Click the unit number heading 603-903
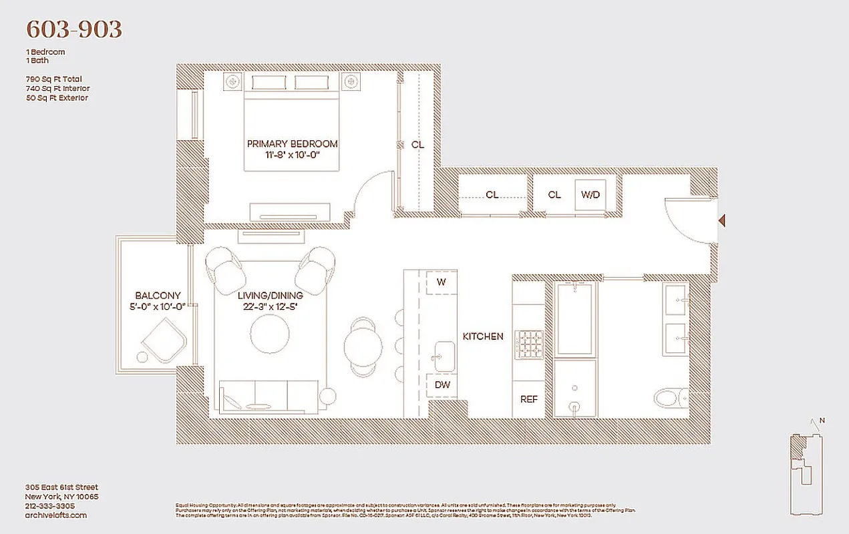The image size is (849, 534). tap(73, 29)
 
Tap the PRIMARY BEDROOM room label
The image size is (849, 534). tap(292, 144)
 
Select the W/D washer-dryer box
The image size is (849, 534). tap(590, 195)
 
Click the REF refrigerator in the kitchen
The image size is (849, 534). tap(528, 399)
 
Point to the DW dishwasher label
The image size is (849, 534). tap(442, 384)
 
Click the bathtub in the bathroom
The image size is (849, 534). tap(574, 318)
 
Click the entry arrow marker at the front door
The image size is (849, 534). tap(721, 220)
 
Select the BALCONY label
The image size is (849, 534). tap(158, 296)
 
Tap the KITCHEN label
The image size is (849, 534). tap(483, 336)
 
